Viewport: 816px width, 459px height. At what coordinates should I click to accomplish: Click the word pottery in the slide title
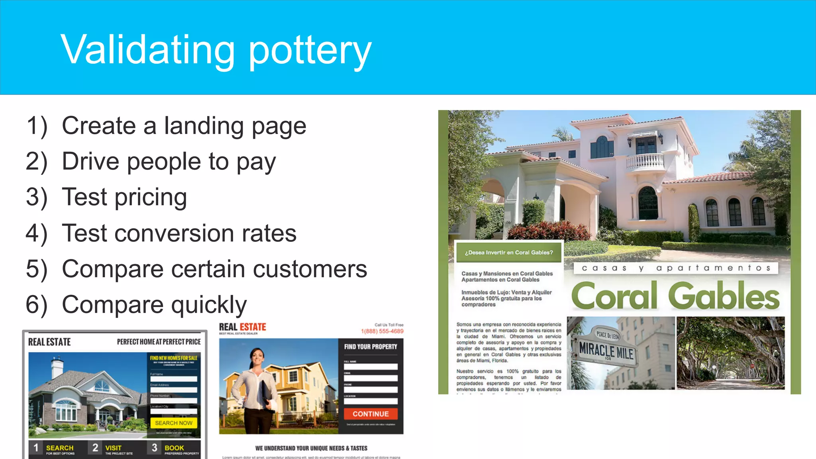coord(310,51)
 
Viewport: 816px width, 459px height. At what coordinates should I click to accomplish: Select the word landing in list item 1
coord(204,126)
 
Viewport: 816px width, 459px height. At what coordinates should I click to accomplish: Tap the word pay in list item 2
coord(256,162)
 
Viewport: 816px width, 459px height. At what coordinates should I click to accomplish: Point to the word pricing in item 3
coord(151,198)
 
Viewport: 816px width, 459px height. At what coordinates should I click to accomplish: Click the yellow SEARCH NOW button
coord(174,423)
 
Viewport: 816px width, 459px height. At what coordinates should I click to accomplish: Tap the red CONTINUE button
coord(371,414)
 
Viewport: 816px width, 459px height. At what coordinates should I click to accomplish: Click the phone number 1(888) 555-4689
coord(382,331)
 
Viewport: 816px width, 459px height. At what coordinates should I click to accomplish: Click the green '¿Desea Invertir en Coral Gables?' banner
coord(509,253)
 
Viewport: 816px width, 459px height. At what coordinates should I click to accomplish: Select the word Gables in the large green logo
coord(724,296)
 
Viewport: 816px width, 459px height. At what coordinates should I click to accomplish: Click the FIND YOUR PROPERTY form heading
coord(371,347)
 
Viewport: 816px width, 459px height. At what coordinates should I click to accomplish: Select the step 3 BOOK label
coord(174,448)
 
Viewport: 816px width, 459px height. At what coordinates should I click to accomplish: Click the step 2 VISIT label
coord(113,448)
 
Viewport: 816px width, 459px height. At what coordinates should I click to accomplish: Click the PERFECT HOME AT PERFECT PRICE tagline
coord(159,342)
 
